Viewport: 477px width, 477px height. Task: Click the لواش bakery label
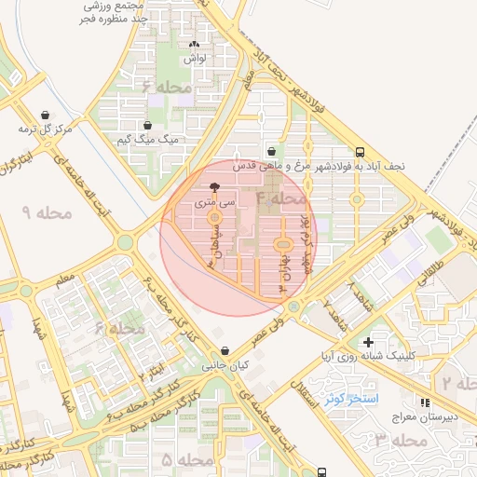click(x=195, y=58)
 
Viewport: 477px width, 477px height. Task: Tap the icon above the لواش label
click(x=195, y=44)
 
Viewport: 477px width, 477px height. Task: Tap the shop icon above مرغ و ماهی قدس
click(x=271, y=151)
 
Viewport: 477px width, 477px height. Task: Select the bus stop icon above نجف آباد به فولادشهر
click(x=360, y=151)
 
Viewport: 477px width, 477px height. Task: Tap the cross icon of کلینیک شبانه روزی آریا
click(x=369, y=342)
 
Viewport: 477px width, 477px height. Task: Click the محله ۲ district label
click(x=458, y=383)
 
